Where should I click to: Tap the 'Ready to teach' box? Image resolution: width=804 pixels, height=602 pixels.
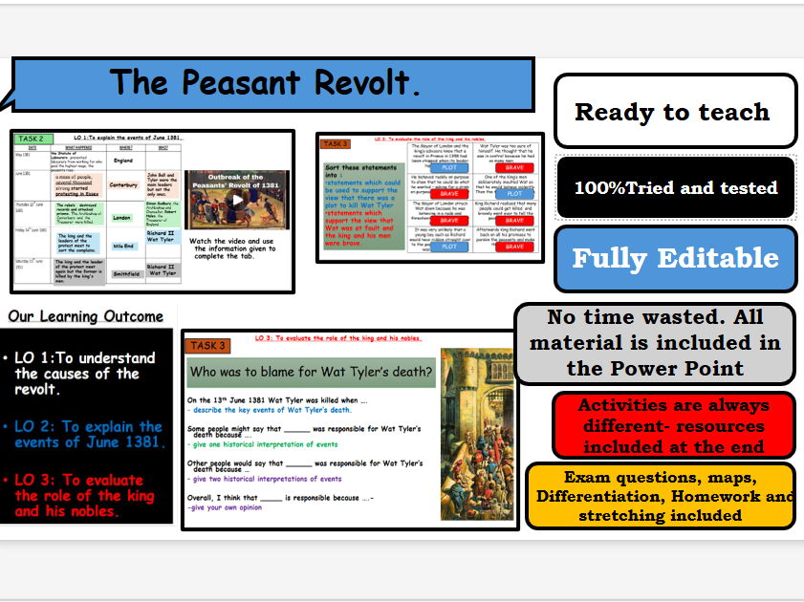[673, 112]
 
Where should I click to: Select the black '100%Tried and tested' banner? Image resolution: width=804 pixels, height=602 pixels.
[675, 188]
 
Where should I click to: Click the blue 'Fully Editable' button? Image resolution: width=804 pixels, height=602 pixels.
[675, 258]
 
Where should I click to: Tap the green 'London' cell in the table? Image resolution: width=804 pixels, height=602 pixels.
[120, 217]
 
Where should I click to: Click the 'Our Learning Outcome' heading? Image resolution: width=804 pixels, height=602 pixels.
[86, 316]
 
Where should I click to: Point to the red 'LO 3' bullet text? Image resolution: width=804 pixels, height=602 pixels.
[81, 495]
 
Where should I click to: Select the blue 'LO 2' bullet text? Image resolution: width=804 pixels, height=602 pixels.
[86, 434]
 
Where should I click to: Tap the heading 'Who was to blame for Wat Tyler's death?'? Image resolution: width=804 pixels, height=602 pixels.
[311, 371]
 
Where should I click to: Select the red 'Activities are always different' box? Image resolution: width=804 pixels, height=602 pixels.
[673, 425]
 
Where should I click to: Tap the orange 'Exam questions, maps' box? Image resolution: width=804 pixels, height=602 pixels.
[665, 496]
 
